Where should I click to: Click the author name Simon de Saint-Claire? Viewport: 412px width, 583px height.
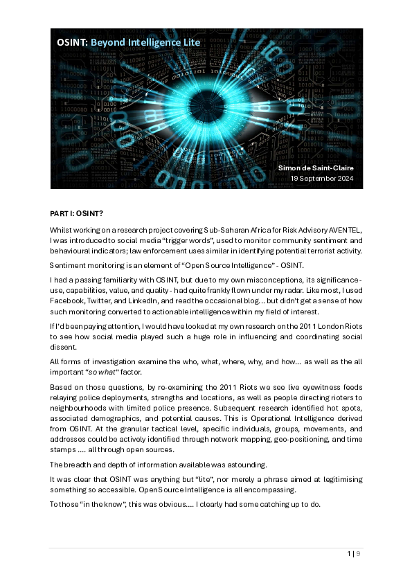316,168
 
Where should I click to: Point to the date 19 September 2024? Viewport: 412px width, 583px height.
322,179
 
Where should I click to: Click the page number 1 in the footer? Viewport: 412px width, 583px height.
349,554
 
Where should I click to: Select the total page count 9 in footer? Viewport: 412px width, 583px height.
359,554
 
